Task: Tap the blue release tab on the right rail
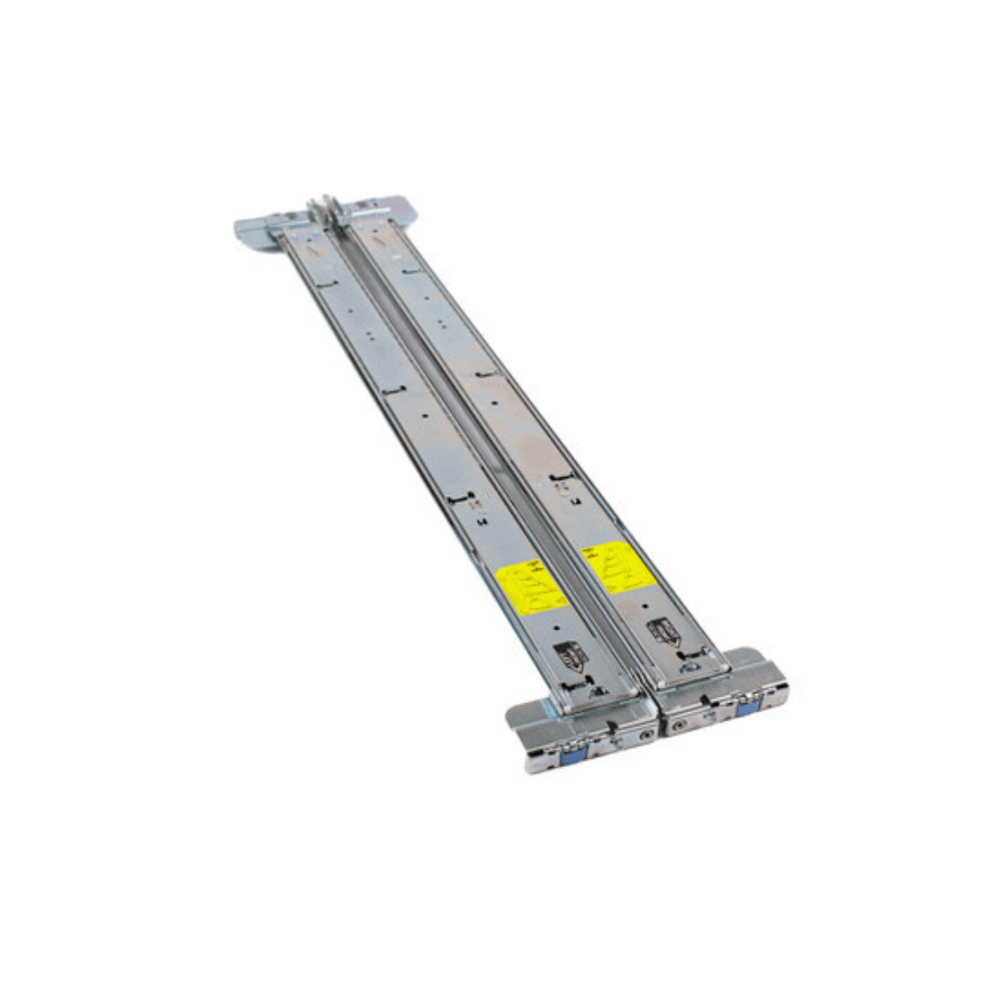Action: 745,706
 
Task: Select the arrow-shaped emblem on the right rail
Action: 662,631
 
